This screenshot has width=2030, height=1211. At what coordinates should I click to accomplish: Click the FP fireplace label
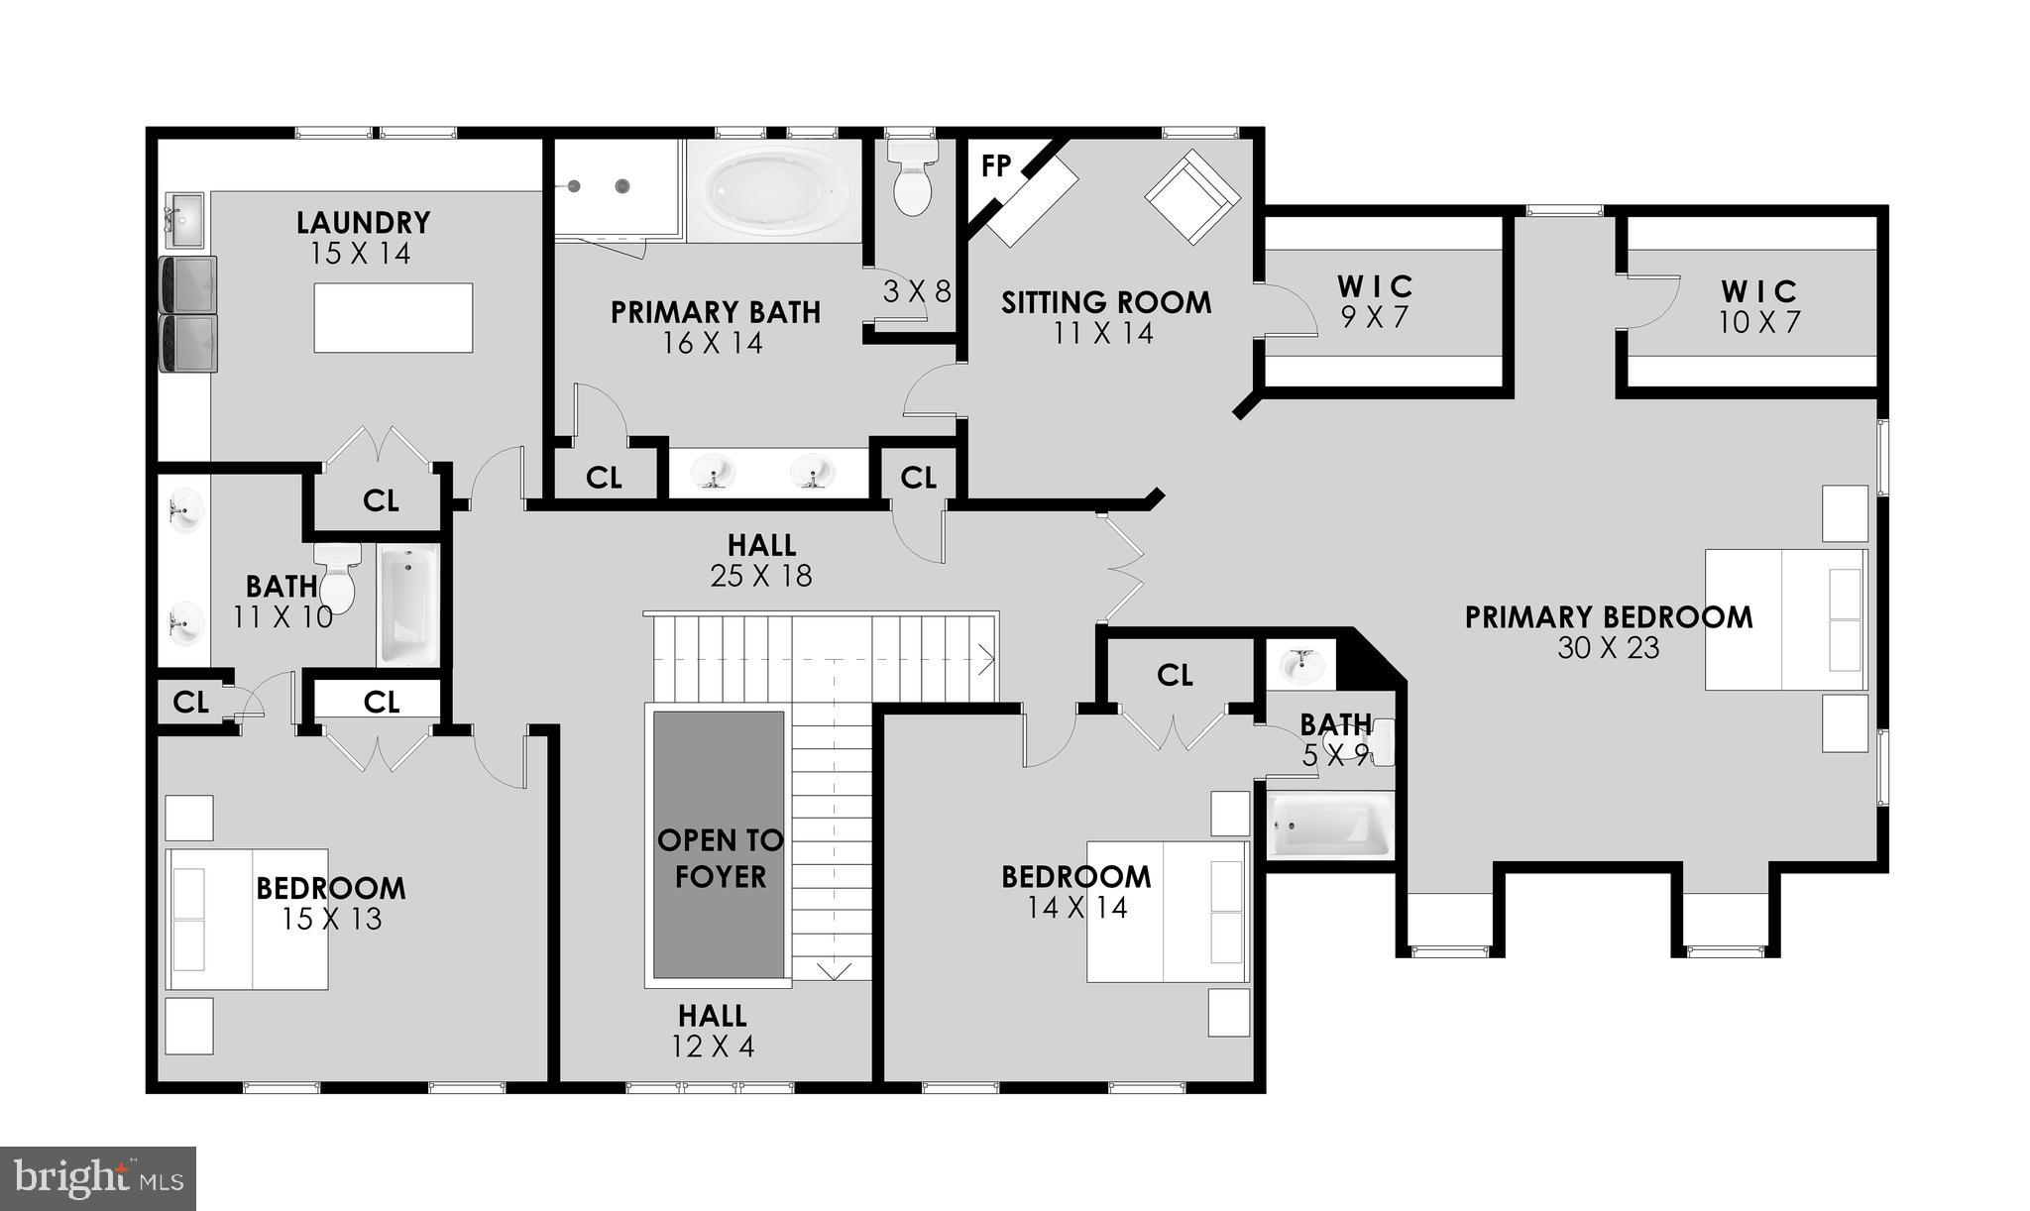[x=995, y=166]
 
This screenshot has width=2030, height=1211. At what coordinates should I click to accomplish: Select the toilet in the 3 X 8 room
[x=912, y=176]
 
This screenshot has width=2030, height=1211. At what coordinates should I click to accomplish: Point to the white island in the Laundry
[x=393, y=317]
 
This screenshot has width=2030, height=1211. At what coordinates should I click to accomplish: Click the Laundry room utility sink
[x=183, y=220]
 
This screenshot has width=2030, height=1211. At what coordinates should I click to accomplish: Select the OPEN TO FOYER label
[x=720, y=858]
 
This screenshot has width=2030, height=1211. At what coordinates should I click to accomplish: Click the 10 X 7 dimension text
[x=1759, y=322]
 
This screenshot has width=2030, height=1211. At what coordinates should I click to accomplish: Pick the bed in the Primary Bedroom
[x=1785, y=619]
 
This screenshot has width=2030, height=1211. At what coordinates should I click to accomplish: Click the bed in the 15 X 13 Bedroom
[x=247, y=919]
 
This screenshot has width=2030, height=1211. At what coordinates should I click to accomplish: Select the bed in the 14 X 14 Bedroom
[x=1166, y=912]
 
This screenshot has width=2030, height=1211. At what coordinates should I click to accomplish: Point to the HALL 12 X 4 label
[x=713, y=1031]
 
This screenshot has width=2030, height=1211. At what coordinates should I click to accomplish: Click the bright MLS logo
[x=98, y=1178]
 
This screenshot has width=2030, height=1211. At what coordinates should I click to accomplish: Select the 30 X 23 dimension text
[x=1608, y=648]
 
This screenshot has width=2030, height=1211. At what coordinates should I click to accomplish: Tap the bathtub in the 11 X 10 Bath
[x=407, y=605]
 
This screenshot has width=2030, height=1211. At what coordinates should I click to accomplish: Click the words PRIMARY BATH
[x=715, y=312]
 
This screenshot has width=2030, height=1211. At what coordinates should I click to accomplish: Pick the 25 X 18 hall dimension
[x=760, y=576]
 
